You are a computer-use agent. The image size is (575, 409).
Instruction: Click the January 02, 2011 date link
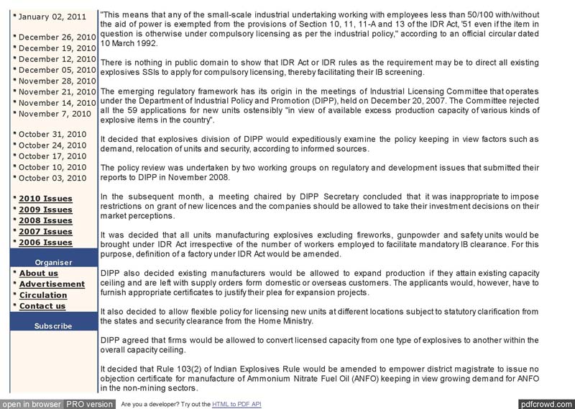point(56,17)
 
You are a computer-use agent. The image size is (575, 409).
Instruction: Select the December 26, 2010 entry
point(57,37)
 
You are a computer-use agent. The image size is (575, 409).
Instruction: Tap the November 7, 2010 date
point(55,114)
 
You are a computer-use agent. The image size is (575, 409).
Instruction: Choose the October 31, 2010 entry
point(52,135)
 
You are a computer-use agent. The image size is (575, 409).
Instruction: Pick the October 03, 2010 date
point(52,178)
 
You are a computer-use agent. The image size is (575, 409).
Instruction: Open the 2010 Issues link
point(45,199)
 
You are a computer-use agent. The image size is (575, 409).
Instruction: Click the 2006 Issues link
point(45,243)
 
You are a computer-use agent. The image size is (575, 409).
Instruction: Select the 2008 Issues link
point(45,220)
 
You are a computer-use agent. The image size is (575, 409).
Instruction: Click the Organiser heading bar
point(53,262)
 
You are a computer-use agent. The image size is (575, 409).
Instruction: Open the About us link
point(38,274)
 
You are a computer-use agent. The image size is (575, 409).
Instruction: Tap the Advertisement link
point(52,284)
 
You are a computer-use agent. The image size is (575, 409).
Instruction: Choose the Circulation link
point(43,295)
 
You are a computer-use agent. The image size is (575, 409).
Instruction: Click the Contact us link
point(42,306)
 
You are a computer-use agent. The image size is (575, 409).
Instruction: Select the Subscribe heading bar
point(53,325)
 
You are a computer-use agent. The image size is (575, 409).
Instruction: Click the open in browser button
point(31,404)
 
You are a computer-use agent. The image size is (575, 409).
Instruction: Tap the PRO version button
point(90,404)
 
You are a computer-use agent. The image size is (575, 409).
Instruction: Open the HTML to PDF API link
point(236,405)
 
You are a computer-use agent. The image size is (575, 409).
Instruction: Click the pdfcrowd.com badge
point(546,404)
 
